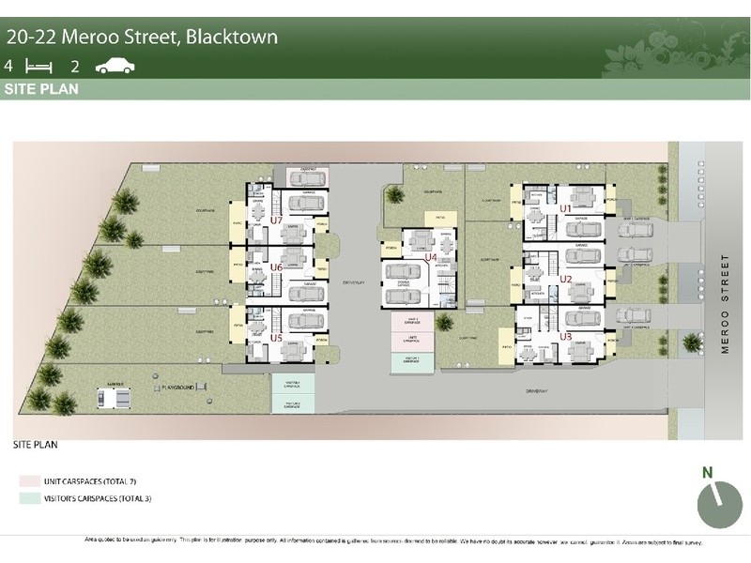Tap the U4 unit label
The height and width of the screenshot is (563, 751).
point(432,256)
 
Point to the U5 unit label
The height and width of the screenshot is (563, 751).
point(276,338)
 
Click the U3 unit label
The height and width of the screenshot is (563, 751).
point(566,335)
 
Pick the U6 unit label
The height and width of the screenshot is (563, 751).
point(276,267)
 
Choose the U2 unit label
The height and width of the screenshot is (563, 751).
point(566,279)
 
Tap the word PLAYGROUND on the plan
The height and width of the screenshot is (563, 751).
point(179,386)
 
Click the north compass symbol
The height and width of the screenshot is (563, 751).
point(719,505)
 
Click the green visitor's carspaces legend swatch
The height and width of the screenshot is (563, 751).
point(24,497)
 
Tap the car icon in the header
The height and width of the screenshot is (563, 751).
point(115,66)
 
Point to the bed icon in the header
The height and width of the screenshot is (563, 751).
point(38,66)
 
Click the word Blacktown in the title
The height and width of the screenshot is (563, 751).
point(230,38)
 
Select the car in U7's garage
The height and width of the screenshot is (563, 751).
point(306,203)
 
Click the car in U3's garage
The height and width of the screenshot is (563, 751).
point(582,318)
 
